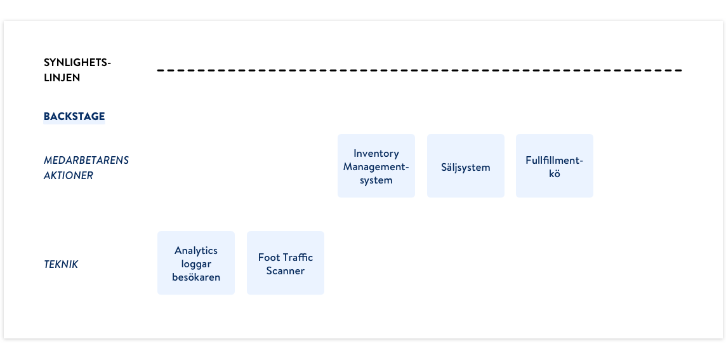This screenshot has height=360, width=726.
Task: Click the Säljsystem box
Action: (465, 166)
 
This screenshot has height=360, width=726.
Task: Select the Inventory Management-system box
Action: (376, 166)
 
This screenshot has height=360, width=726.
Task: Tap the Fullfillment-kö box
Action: (554, 166)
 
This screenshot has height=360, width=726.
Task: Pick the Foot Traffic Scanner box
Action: (285, 263)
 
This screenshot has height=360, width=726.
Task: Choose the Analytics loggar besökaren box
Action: (196, 263)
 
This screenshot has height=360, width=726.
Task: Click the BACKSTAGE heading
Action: (74, 116)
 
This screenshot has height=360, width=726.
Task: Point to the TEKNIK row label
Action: (61, 265)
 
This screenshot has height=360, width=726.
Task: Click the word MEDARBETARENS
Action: (86, 160)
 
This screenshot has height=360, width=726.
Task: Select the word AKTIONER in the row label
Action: (69, 176)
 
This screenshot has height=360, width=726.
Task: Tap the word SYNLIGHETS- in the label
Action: (77, 63)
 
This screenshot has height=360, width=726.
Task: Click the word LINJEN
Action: (62, 78)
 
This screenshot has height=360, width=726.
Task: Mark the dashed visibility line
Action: (419, 70)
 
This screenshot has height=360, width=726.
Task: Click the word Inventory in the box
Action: (376, 154)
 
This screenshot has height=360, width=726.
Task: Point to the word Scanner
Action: (285, 270)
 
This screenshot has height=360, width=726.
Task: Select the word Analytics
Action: (196, 251)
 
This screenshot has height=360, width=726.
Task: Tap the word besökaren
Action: (196, 277)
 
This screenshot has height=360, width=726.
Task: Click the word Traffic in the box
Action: (296, 257)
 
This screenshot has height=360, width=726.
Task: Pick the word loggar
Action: (196, 265)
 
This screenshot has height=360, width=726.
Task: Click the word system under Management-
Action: (376, 181)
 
